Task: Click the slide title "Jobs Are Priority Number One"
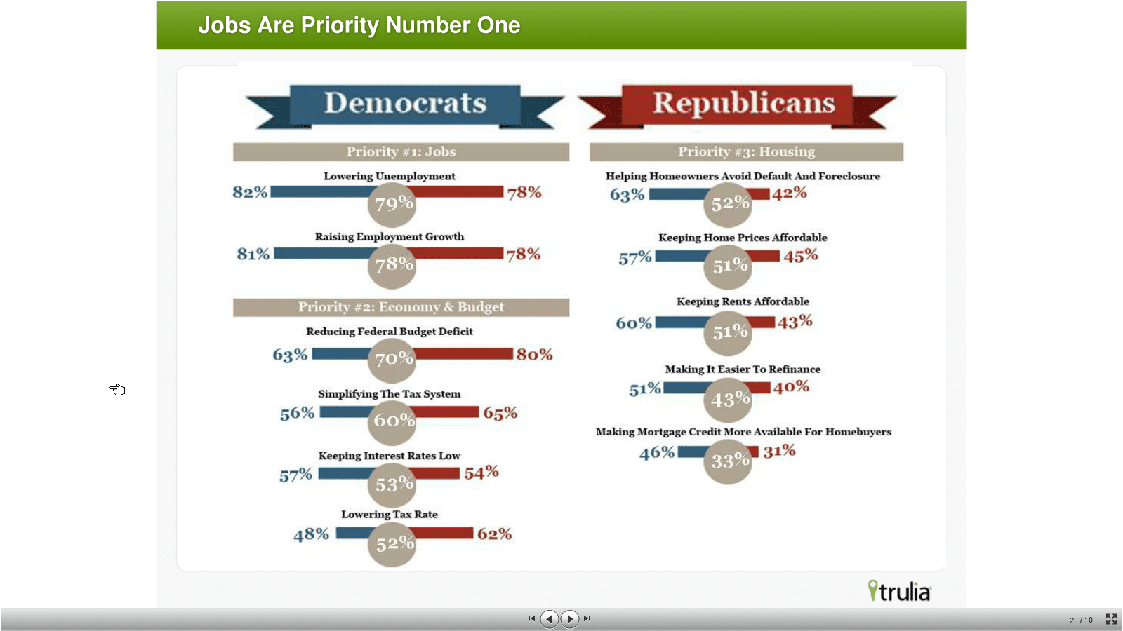click(359, 25)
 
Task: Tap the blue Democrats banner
click(405, 104)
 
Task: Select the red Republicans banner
click(743, 104)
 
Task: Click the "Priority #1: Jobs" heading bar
click(401, 152)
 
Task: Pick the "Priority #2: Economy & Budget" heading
click(401, 307)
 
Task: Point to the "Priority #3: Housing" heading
click(746, 152)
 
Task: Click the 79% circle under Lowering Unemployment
click(392, 204)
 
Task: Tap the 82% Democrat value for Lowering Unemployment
click(250, 192)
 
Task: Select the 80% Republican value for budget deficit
click(534, 355)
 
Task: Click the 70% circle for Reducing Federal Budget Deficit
click(392, 360)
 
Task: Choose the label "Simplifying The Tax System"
click(390, 394)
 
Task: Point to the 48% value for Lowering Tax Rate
click(311, 534)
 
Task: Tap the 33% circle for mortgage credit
click(729, 461)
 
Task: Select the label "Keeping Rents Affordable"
click(743, 301)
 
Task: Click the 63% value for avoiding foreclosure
click(627, 195)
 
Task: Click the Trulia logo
click(899, 591)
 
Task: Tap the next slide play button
click(570, 618)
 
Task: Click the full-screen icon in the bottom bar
click(1111, 619)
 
